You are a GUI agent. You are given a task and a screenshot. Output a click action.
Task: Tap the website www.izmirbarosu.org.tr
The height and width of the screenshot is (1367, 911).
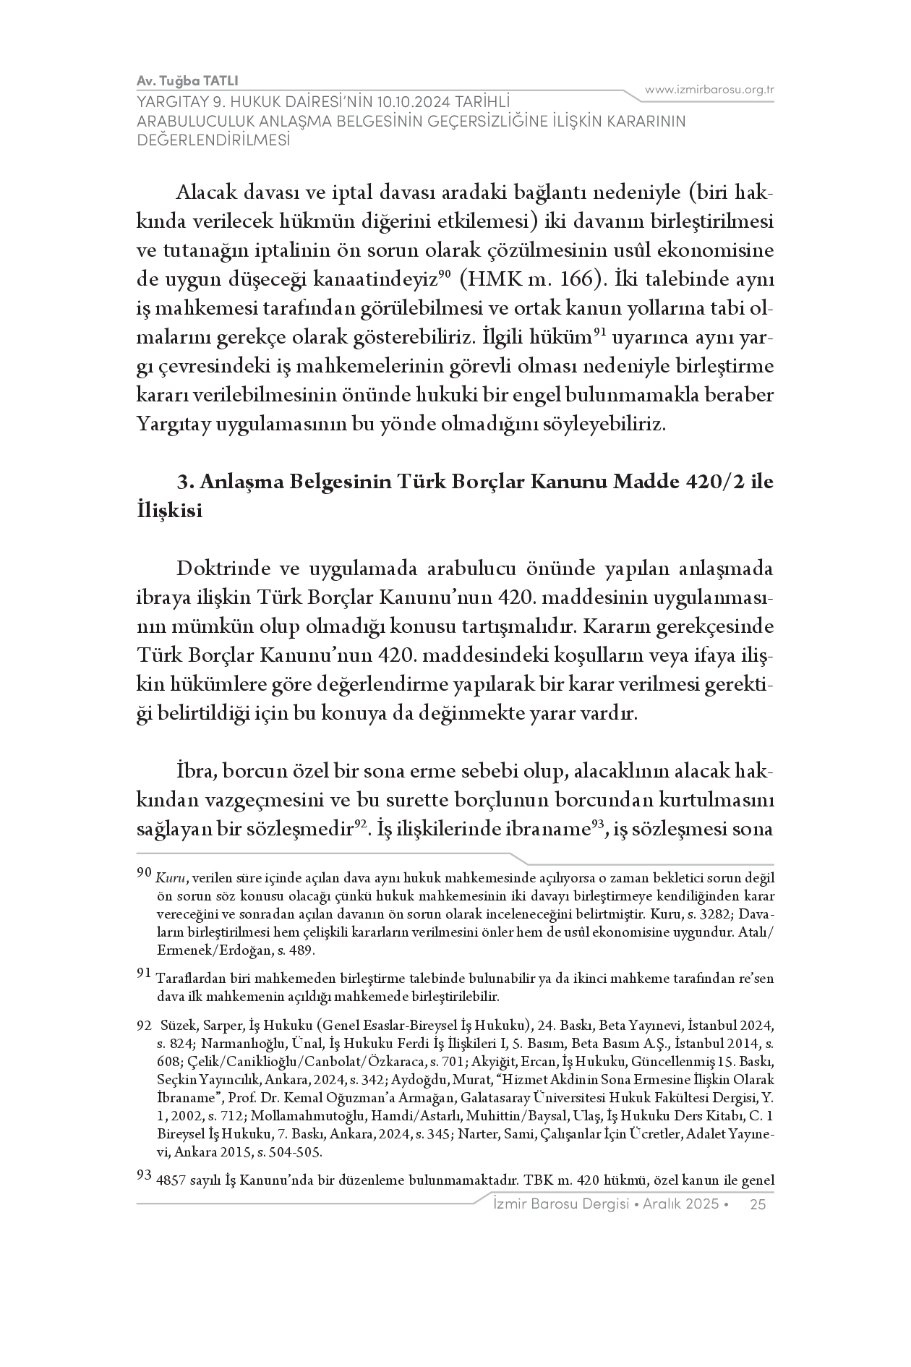pos(709,90)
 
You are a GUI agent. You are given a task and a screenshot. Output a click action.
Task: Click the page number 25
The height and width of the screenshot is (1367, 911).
pos(758,1204)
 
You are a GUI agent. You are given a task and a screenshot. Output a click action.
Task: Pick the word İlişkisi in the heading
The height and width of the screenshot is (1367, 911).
pos(169,511)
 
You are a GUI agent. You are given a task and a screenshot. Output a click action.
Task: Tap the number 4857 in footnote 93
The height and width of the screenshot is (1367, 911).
pos(170,1182)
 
